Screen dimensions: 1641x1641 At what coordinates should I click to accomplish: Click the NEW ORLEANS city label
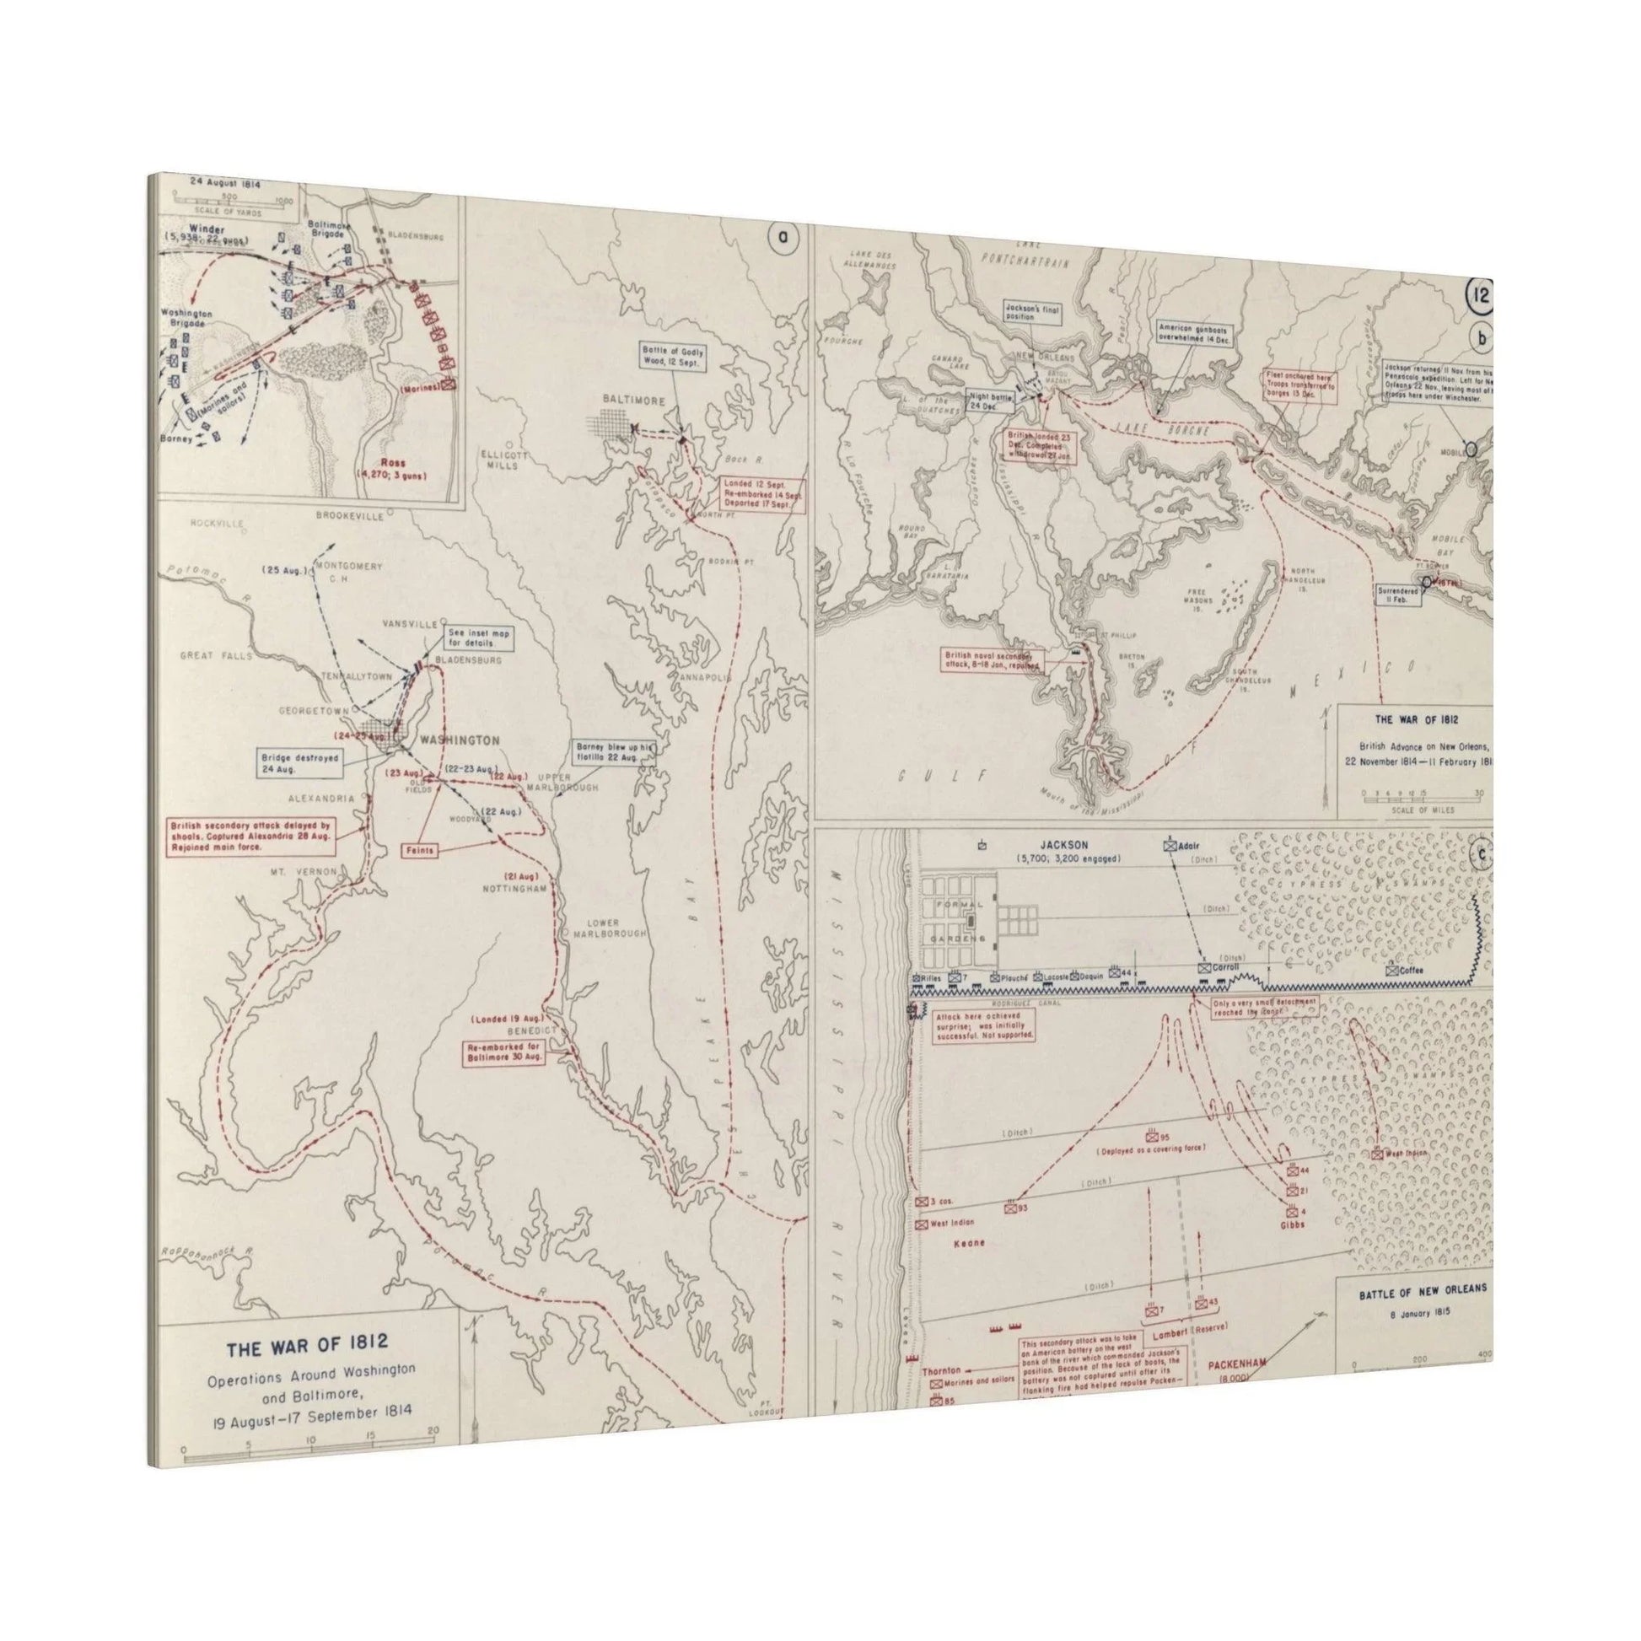coord(1046,358)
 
